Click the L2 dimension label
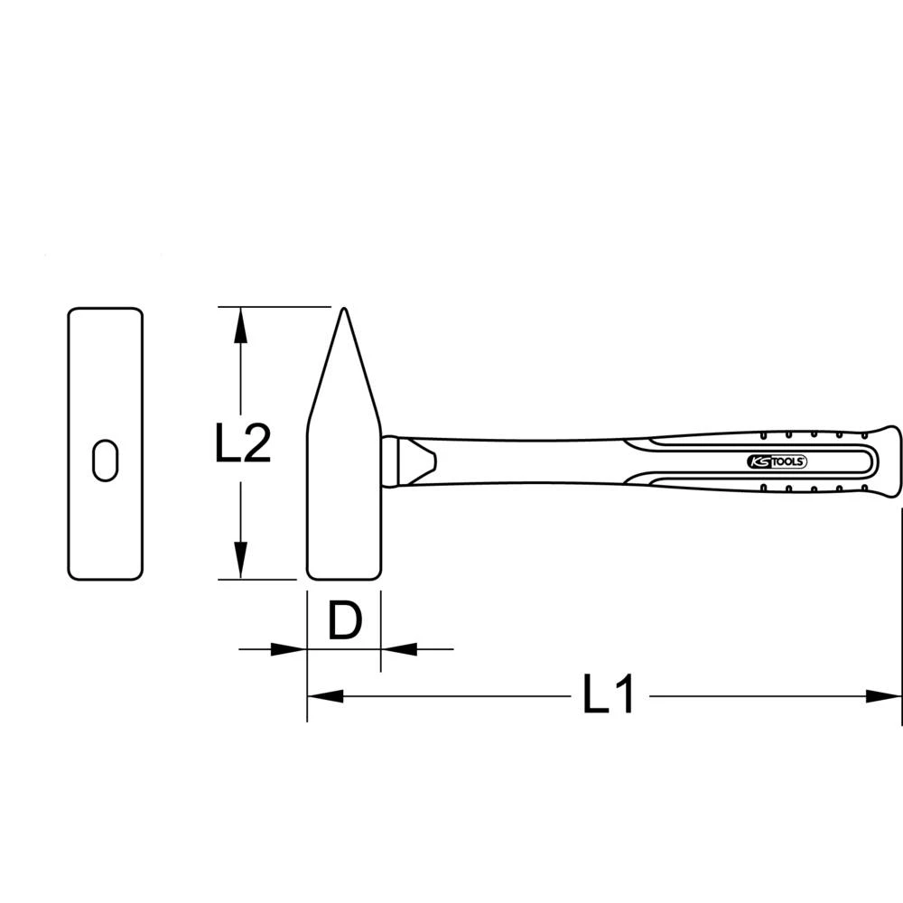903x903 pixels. click(243, 443)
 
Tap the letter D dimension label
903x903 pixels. click(344, 622)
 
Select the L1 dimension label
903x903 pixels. click(609, 696)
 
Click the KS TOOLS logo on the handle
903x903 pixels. click(777, 461)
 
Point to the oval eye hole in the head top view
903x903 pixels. click(106, 460)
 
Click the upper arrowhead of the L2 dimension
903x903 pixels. click(239, 324)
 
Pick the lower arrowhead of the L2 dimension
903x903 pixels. click(239, 561)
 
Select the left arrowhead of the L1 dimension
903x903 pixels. click(326, 696)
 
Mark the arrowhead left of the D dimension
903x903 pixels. click(289, 647)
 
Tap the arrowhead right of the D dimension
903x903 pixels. click(398, 647)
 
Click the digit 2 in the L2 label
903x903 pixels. click(256, 443)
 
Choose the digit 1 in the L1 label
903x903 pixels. click(623, 696)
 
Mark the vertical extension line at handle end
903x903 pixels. click(901, 614)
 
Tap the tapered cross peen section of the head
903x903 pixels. click(343, 379)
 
